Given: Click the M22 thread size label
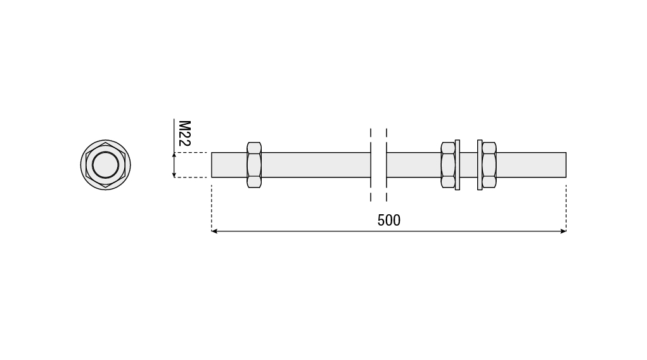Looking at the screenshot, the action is (x=184, y=133).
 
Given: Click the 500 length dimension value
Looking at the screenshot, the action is (x=388, y=221).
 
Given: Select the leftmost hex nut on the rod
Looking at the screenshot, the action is (x=254, y=165).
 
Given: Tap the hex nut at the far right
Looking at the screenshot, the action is (x=489, y=165).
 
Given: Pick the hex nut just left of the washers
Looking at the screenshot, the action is (x=448, y=165).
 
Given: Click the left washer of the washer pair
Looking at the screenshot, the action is (x=457, y=165).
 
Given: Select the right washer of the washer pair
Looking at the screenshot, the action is (x=480, y=165).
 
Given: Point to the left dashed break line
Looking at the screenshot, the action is (x=371, y=165).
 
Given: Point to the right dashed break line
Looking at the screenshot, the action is (x=387, y=165).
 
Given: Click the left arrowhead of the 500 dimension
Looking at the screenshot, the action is (x=214, y=231).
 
